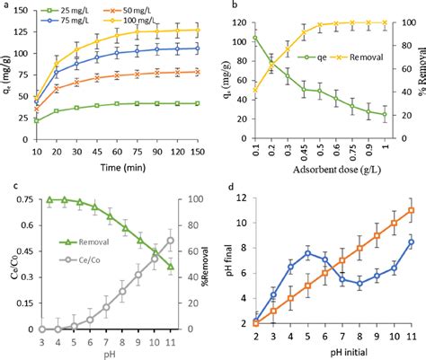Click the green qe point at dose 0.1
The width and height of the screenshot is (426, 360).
point(254,38)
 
